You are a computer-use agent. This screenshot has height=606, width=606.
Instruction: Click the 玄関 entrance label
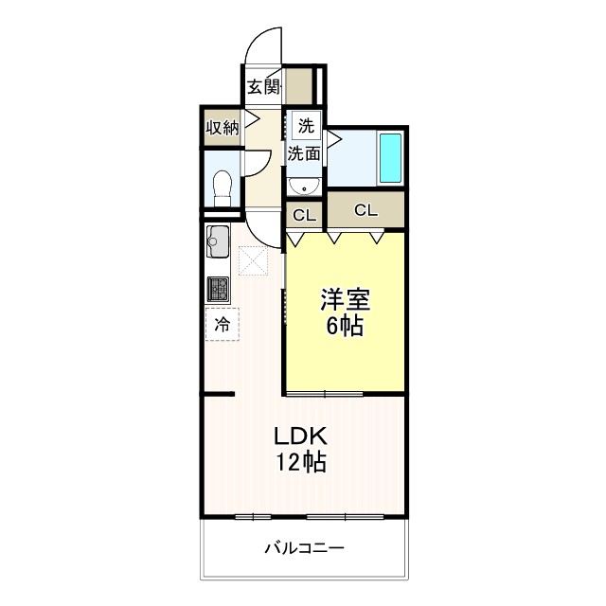265,88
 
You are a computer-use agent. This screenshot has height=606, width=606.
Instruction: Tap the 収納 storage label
223,127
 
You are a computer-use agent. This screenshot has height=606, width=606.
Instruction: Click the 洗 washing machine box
306,125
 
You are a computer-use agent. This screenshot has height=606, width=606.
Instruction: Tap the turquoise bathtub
390,157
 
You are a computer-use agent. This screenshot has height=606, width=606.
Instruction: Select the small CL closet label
304,215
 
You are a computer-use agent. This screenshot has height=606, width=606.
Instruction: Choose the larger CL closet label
365,209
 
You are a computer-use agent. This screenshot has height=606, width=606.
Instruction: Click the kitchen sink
216,245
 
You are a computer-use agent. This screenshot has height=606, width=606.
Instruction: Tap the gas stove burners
218,288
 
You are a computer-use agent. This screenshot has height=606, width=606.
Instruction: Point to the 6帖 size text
345,328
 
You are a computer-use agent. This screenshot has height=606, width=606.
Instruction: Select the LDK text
300,437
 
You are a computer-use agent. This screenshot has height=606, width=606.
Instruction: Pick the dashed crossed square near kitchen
254,260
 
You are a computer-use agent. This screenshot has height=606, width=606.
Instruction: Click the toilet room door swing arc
258,164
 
